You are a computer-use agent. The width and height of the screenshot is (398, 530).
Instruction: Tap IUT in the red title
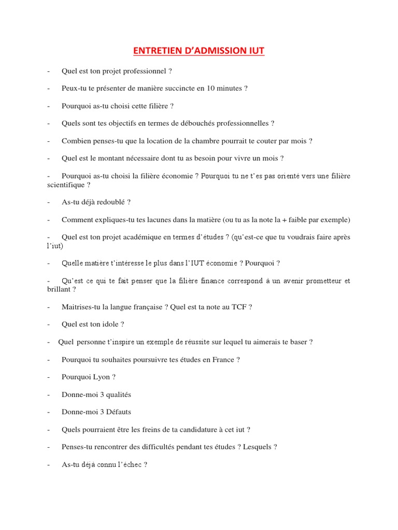[x=255, y=51]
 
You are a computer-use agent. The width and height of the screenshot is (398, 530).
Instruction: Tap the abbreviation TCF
[x=239, y=307]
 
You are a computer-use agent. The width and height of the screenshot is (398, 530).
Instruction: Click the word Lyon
[x=101, y=377]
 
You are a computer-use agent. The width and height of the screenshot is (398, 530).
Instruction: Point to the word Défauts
[x=118, y=413]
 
